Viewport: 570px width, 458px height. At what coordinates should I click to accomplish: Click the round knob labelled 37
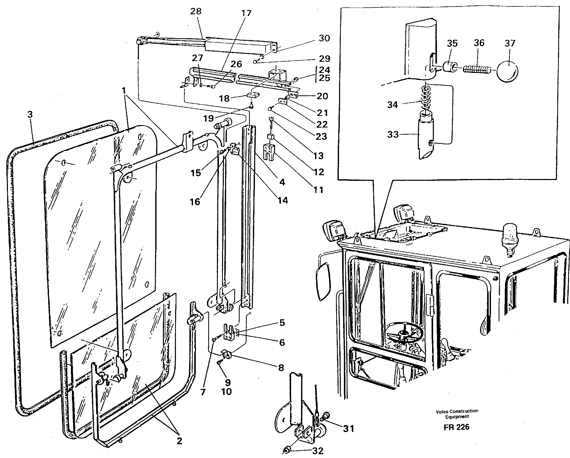[507, 71]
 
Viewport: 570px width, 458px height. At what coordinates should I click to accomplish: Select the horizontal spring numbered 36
[477, 70]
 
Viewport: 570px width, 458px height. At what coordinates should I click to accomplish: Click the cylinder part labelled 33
[426, 137]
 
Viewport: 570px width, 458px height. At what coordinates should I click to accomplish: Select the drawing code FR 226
[456, 427]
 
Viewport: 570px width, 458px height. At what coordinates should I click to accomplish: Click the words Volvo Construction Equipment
[457, 414]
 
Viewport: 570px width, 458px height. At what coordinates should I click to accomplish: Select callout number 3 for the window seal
[30, 115]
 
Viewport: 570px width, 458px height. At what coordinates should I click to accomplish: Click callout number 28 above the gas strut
[196, 11]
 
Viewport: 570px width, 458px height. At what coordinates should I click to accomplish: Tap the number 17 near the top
[246, 13]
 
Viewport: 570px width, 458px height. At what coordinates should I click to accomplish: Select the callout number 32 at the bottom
[318, 451]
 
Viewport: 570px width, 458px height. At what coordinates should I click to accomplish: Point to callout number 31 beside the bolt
[348, 428]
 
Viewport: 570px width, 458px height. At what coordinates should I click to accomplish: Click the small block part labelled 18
[253, 95]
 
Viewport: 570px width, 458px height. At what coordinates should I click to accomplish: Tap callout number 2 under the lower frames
[179, 441]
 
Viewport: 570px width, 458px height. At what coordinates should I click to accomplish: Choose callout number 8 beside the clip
[281, 367]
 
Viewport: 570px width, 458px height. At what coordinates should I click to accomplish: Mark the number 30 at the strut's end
[324, 38]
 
